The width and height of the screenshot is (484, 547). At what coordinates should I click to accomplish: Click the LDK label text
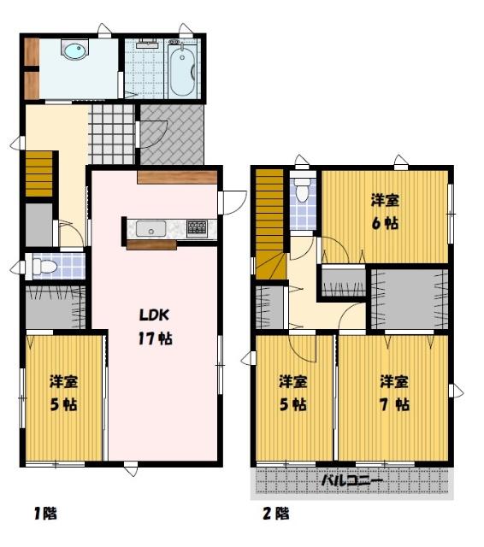[x=154, y=315]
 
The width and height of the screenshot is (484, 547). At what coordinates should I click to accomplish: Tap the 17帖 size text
[x=156, y=338]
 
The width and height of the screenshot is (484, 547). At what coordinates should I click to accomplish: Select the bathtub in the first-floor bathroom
[x=182, y=69]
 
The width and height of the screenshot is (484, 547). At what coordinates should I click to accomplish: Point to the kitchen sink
[x=151, y=229]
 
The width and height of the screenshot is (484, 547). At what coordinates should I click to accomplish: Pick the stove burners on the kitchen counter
[x=198, y=228]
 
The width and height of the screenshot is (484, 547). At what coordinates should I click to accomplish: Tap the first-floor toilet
[x=42, y=267]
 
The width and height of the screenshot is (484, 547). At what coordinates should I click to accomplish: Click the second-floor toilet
[x=302, y=190]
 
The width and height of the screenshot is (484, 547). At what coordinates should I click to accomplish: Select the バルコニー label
[x=351, y=482]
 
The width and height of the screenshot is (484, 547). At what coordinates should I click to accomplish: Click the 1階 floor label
[x=45, y=514]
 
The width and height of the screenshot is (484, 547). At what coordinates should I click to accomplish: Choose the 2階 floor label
[x=275, y=514]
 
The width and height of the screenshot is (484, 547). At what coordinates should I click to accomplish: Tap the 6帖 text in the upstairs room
[x=385, y=224]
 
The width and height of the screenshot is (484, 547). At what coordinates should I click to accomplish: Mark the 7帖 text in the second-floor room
[x=395, y=404]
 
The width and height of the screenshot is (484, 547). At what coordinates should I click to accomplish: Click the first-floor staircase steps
[x=39, y=174]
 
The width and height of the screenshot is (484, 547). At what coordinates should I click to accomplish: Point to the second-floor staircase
[x=271, y=224]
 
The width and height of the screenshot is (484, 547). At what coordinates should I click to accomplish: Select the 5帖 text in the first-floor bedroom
[x=63, y=404]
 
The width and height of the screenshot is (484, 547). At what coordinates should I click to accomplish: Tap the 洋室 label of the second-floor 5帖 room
[x=293, y=382]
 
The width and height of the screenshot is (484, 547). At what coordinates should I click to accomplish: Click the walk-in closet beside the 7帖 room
[x=410, y=299]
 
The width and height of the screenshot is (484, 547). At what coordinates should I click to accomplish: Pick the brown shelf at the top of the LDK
[x=178, y=178]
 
